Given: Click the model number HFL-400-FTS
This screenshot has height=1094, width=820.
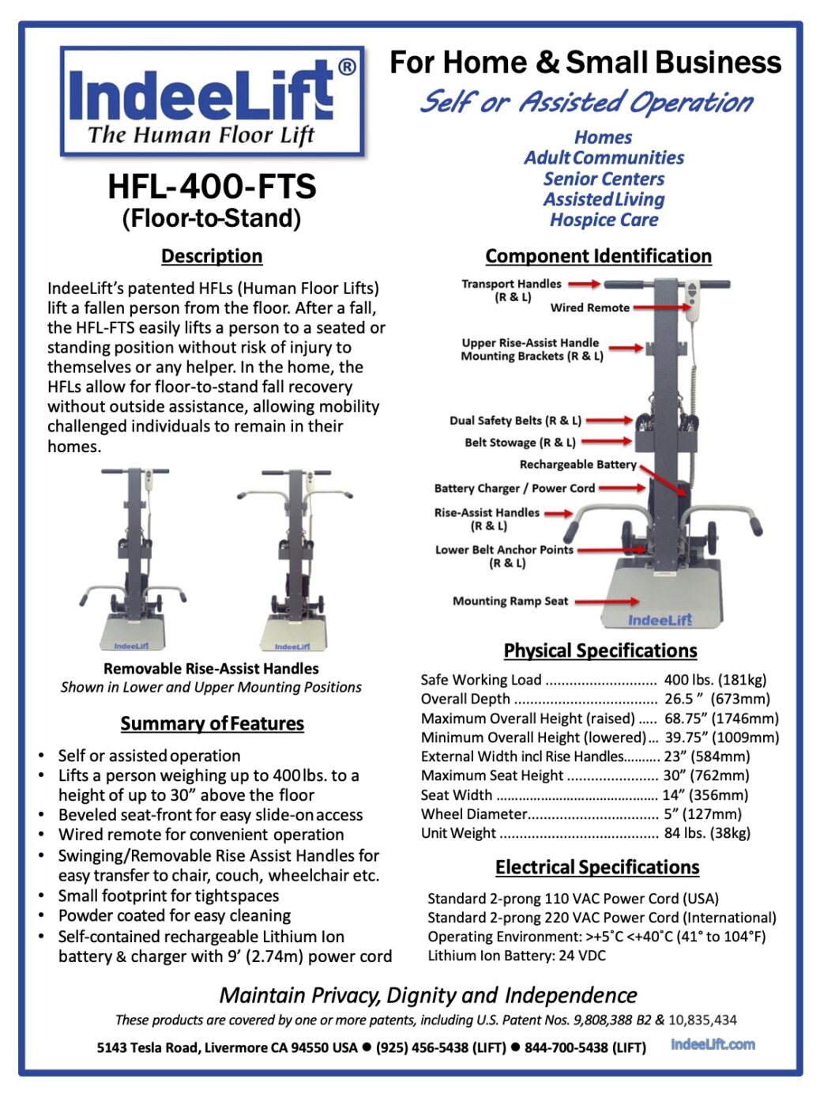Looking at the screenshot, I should click(x=212, y=187).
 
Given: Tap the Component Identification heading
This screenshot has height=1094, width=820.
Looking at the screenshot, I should click(x=598, y=256).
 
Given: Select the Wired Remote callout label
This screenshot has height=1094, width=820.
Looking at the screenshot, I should click(x=589, y=307).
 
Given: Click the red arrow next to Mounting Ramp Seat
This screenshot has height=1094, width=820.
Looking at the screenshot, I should click(x=606, y=602).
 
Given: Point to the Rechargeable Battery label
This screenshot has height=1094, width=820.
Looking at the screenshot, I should click(x=577, y=465).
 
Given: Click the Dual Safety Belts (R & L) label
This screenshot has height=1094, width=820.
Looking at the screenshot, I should click(x=515, y=421).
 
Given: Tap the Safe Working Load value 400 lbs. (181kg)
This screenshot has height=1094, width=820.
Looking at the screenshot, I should click(x=715, y=680).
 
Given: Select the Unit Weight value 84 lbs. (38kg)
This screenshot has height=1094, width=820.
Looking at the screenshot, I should click(x=707, y=833).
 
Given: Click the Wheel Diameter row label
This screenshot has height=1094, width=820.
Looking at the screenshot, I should click(x=474, y=814).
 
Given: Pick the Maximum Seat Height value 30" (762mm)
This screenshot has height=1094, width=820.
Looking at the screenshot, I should click(x=706, y=775).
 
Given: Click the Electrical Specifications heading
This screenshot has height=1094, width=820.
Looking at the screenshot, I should click(x=597, y=867).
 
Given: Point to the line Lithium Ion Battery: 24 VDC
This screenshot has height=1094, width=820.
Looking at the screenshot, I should click(x=517, y=956).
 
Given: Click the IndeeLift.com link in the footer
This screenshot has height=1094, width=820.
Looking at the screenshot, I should click(x=713, y=1044).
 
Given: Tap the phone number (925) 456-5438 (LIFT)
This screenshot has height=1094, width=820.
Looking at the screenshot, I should click(x=441, y=1047).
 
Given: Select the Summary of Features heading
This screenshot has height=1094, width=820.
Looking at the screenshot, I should click(x=212, y=723).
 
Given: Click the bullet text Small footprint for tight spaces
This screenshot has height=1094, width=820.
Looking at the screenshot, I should click(x=168, y=896).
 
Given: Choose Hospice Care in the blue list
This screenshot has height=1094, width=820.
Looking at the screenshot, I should click(x=604, y=220).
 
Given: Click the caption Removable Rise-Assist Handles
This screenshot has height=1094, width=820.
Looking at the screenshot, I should click(x=211, y=669).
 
